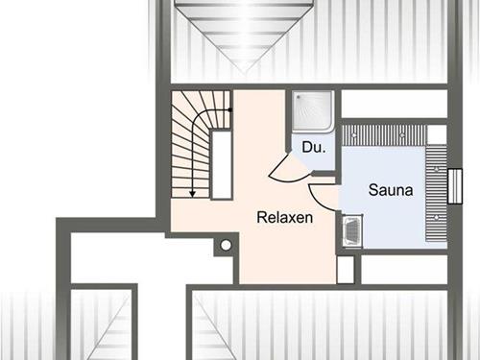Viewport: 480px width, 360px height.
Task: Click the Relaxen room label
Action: coord(285,218)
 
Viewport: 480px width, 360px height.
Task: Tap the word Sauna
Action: coord(391,190)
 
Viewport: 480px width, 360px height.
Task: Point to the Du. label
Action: coord(314,148)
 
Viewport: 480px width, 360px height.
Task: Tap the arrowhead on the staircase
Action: coord(192,194)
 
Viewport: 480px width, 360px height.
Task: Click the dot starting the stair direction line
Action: coord(230,109)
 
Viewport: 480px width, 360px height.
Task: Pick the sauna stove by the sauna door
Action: coord(351,229)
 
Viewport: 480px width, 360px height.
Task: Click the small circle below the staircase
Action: coord(226,246)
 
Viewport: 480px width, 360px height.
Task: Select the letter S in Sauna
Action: coord(373,190)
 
